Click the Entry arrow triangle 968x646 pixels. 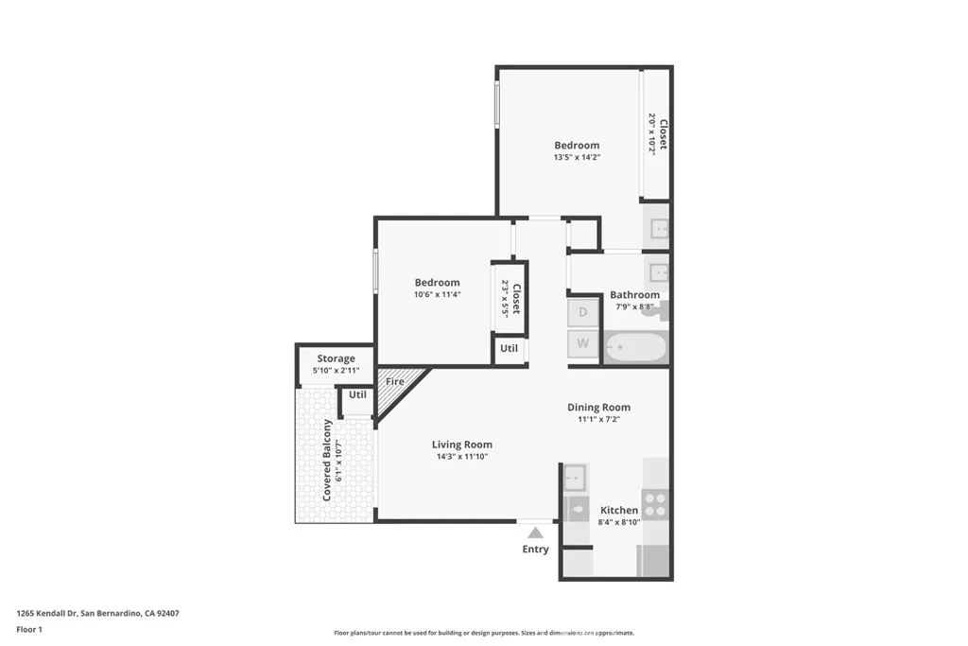click(x=535, y=533)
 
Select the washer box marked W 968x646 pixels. click(x=583, y=343)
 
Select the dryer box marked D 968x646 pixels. click(x=583, y=312)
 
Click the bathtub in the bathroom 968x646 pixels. click(x=635, y=347)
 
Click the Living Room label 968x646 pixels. click(x=461, y=445)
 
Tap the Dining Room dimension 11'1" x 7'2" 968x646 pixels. click(x=598, y=419)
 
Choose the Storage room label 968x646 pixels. click(x=336, y=358)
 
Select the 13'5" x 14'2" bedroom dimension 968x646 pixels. click(x=577, y=157)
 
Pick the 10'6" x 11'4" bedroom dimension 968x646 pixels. click(x=437, y=294)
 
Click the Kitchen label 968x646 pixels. click(x=619, y=510)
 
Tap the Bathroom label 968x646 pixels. click(x=634, y=295)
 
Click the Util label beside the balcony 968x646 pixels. click(x=357, y=394)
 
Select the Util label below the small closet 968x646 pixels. click(x=509, y=348)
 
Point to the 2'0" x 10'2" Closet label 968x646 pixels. click(x=658, y=133)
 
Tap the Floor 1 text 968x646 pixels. click(x=30, y=629)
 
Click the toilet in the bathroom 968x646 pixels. click(x=663, y=309)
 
